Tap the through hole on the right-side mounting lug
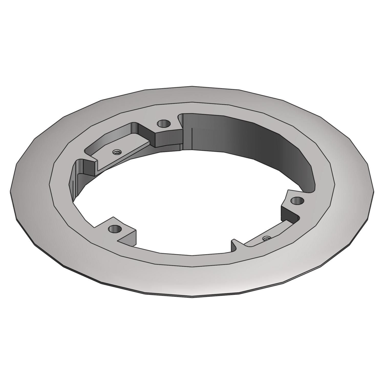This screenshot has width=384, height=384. point(297,201)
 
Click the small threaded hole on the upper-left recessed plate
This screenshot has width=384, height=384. point(117,152)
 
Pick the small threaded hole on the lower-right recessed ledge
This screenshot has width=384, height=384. point(265,238)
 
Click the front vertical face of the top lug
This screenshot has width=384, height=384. point(169,138)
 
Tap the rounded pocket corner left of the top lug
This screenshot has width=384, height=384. point(134,126)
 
